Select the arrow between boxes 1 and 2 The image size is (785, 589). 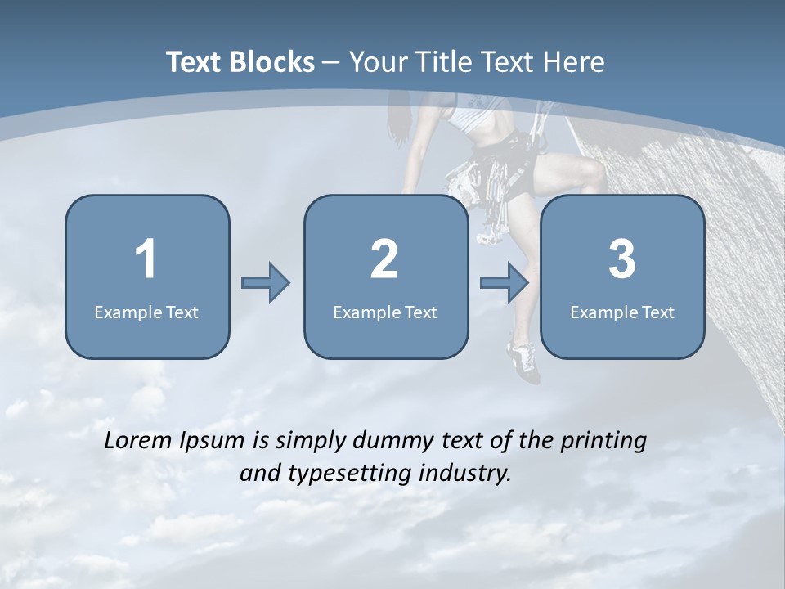click(266, 283)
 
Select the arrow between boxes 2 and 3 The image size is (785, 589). click(505, 283)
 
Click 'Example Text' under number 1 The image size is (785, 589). click(146, 312)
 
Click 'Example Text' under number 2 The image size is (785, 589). click(385, 312)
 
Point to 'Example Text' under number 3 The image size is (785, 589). click(622, 312)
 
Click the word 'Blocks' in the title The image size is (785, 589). click(270, 62)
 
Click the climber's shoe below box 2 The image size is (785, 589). click(523, 362)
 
